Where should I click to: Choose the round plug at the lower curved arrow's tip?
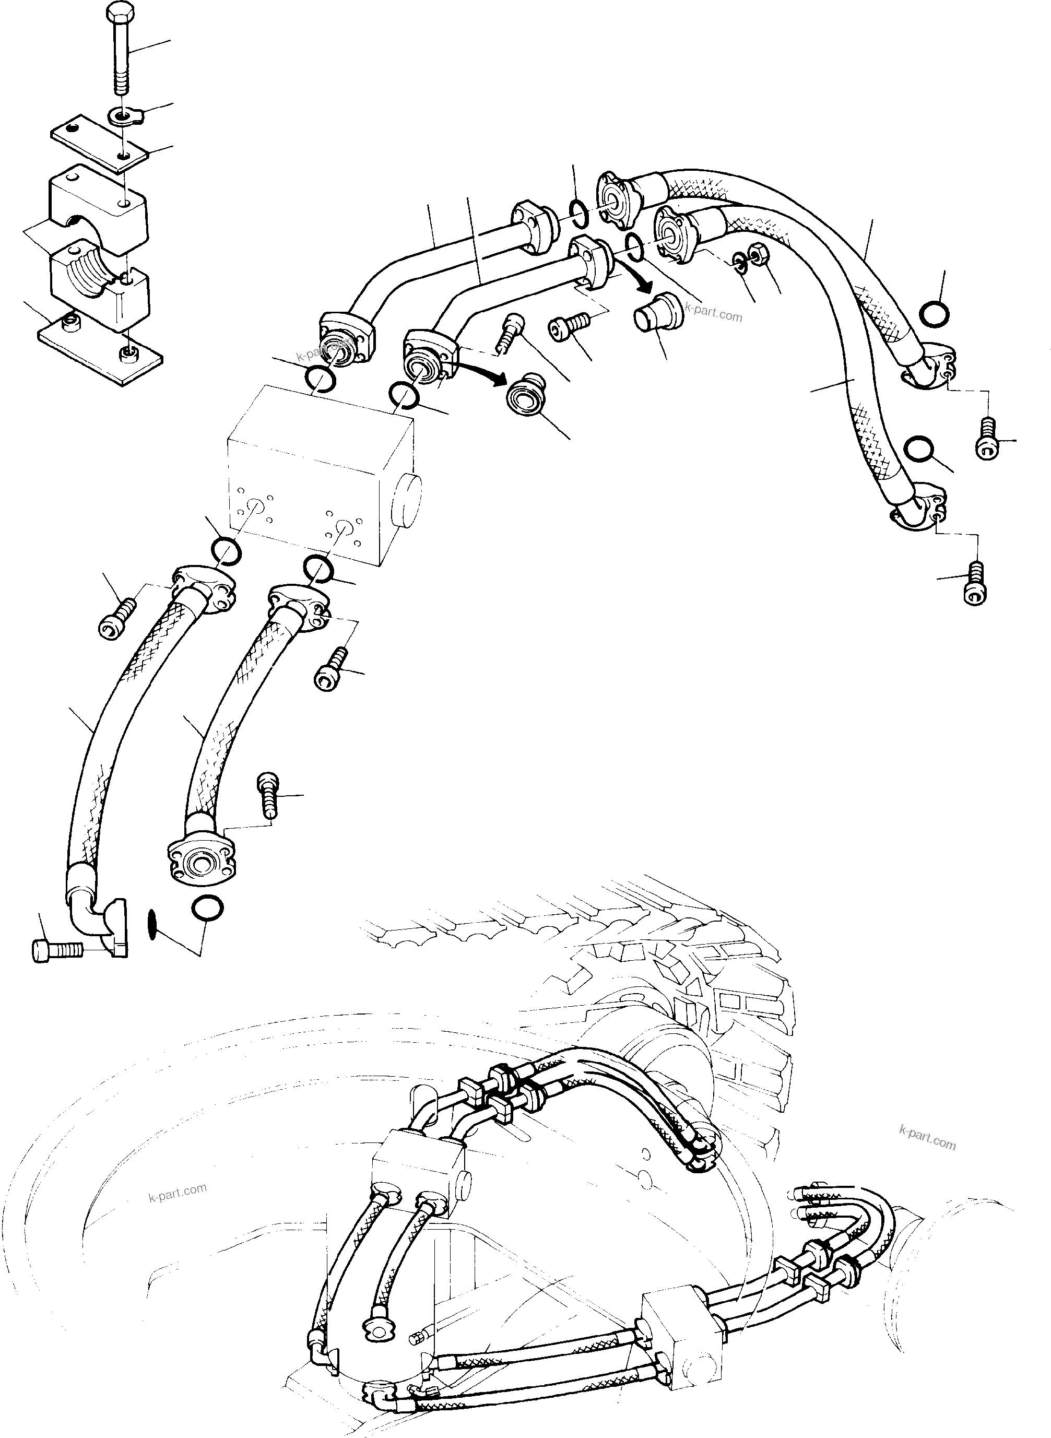point(527,399)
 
